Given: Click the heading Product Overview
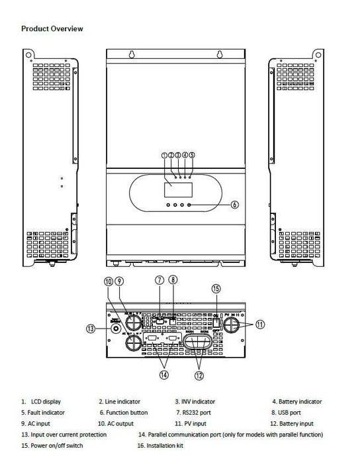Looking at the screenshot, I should click(52, 29).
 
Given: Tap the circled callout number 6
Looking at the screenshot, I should click(234, 205).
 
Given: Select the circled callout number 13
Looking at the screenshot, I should click(91, 329).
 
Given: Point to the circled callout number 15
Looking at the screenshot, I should click(216, 288).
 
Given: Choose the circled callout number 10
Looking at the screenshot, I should click(109, 282).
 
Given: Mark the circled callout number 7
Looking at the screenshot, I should click(159, 280).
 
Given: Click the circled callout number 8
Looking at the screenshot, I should click(173, 280).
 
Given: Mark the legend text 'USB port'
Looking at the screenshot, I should click(290, 412).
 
